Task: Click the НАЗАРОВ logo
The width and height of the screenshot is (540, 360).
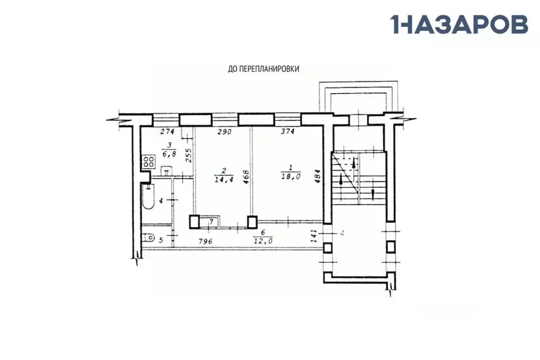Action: coord(459,24)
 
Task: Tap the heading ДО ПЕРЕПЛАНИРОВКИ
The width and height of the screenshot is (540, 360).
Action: coord(263,69)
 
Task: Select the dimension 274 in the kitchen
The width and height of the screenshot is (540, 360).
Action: coord(167,131)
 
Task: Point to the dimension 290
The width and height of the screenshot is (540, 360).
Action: coord(224,131)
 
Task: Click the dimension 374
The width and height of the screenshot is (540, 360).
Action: coord(288,131)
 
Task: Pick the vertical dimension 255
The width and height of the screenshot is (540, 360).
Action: coord(188,155)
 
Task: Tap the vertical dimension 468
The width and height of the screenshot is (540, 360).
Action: coord(246,176)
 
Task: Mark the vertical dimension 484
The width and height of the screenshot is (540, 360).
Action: coord(318,176)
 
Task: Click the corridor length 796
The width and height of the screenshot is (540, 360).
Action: coord(205,241)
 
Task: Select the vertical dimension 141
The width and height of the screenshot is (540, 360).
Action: coord(314,236)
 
